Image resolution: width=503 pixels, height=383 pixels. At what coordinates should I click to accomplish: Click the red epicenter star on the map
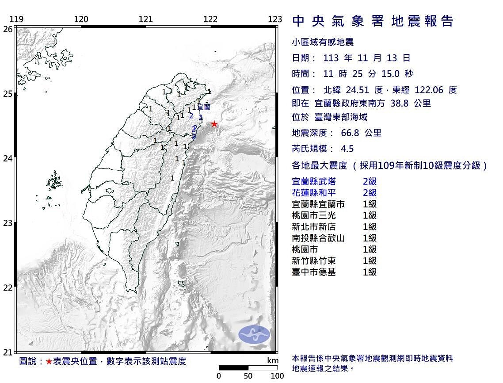(x=214, y=124)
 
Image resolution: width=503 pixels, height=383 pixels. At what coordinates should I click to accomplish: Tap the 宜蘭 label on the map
(x=204, y=107)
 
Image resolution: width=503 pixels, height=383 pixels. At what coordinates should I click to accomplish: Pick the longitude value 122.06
(x=429, y=90)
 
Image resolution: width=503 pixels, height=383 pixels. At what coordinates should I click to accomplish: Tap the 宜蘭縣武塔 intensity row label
(x=314, y=181)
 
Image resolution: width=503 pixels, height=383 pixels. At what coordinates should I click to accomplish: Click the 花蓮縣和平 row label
(x=314, y=193)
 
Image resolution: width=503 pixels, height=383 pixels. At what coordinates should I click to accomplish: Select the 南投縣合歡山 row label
(x=319, y=238)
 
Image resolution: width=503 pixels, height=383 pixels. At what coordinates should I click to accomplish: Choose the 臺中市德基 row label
(x=314, y=272)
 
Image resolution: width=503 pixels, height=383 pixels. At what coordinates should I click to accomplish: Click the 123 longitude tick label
(x=275, y=19)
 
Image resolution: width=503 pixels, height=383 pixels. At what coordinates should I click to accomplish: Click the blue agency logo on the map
(x=254, y=334)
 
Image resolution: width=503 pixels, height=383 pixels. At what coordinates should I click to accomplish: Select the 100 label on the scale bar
(x=277, y=376)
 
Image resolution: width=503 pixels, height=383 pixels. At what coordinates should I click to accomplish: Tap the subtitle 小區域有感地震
(x=323, y=42)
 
